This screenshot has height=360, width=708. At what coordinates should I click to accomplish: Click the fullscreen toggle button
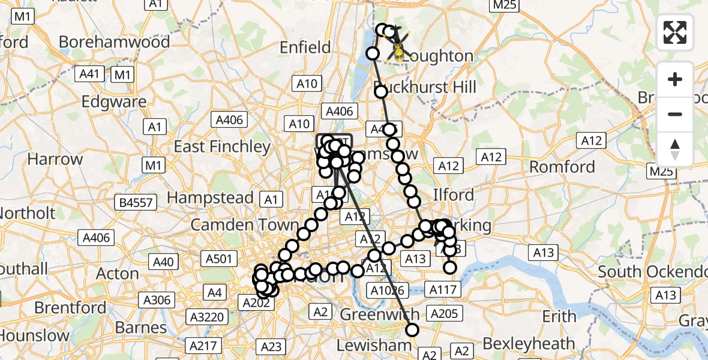tap(675, 32)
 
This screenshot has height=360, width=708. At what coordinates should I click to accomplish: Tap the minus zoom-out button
tap(675, 114)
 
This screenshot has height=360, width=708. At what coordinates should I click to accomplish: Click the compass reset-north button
tap(675, 149)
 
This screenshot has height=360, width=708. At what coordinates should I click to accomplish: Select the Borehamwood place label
tap(115, 43)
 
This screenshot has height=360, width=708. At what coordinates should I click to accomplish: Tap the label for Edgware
tap(114, 101)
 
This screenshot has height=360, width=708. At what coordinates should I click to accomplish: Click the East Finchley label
tap(223, 146)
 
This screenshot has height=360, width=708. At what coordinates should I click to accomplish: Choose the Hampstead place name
tap(210, 197)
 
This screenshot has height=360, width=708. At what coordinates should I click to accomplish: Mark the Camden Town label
tap(244, 225)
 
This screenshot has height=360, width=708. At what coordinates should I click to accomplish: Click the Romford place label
tap(562, 166)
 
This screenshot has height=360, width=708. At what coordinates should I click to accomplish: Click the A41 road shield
tap(89, 74)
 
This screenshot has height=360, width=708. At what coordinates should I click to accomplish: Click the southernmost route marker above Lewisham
tap(412, 329)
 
